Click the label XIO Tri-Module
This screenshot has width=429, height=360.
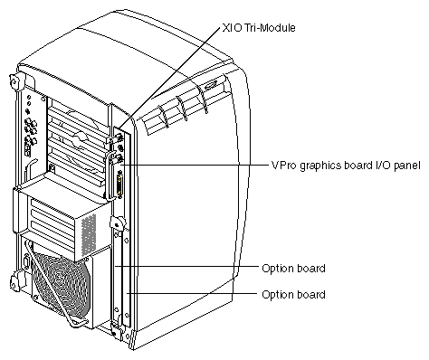259,28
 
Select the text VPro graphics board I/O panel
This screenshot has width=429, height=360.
346,166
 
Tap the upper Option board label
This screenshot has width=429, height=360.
293,268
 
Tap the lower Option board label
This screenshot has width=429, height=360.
293,294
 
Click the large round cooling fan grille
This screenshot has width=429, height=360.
61,283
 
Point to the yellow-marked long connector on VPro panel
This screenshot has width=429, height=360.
120,185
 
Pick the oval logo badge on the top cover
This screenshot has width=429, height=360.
210,86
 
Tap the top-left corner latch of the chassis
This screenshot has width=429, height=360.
14,81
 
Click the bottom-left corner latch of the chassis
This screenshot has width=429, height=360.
14,279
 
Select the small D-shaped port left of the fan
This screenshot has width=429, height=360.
25,261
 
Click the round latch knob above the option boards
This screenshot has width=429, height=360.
117,223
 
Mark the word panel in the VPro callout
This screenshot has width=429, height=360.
407,166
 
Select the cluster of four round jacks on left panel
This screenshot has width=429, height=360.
31,127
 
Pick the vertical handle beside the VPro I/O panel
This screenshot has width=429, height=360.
109,175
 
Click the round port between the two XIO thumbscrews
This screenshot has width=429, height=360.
120,148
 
